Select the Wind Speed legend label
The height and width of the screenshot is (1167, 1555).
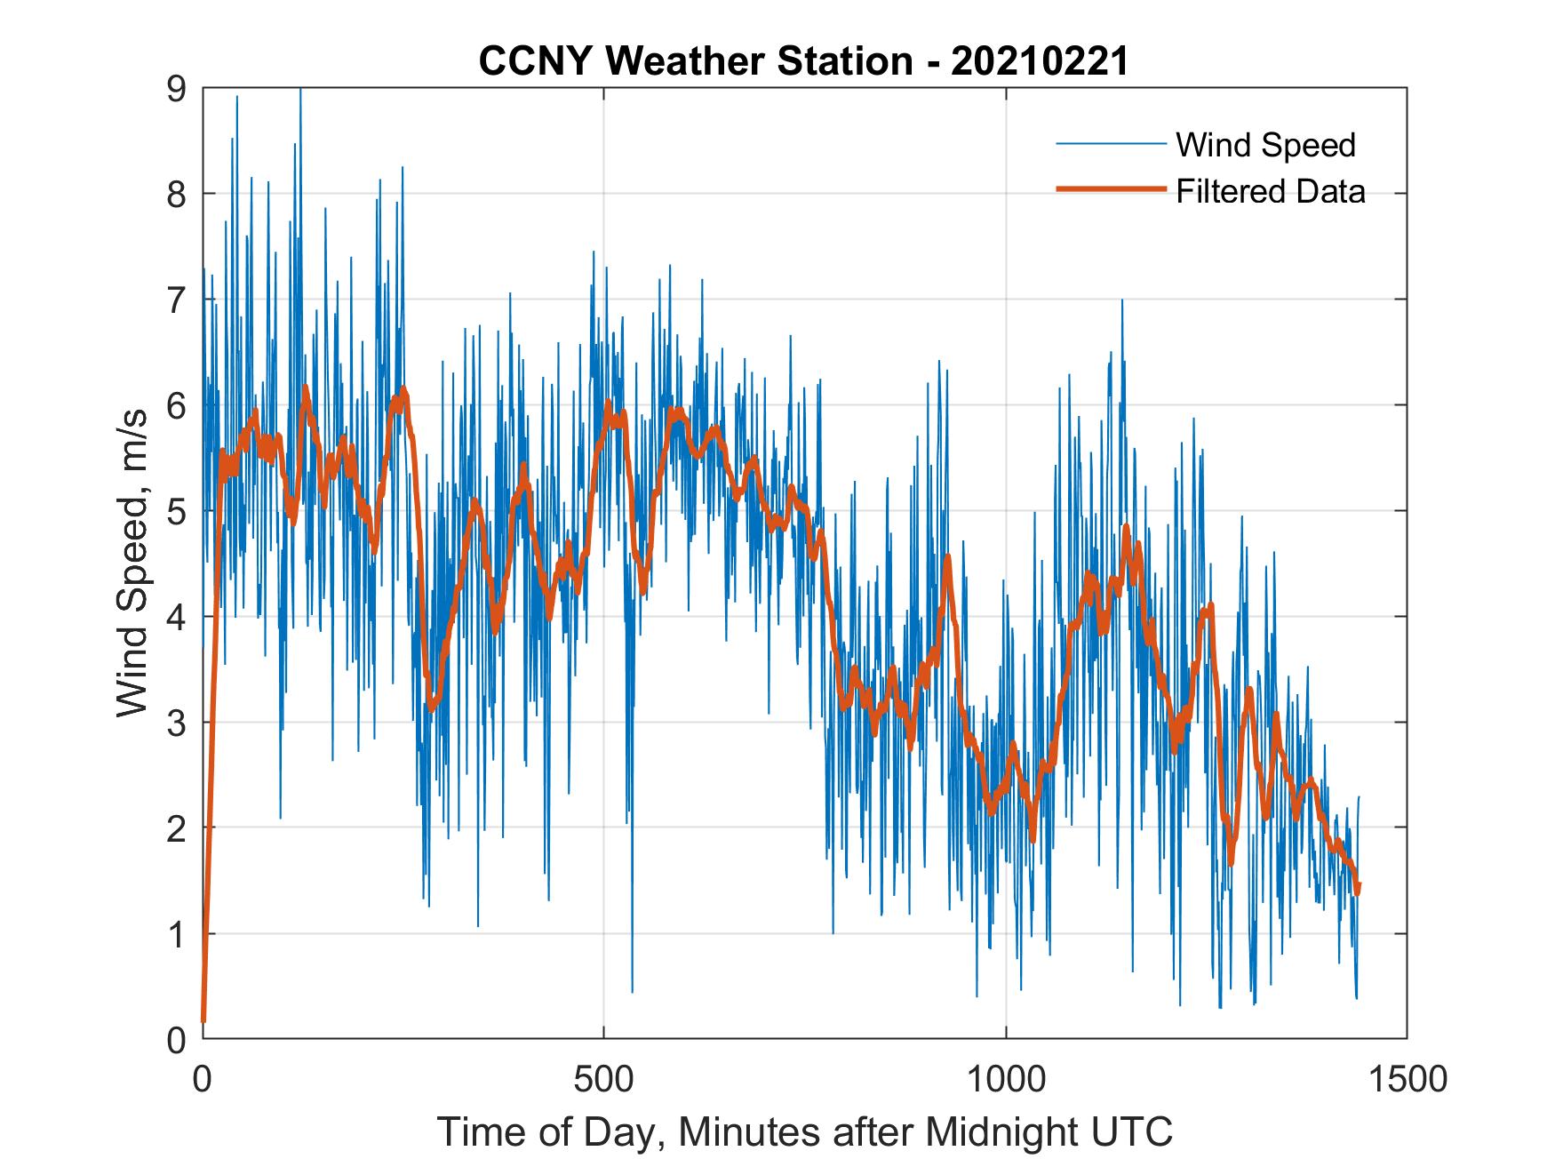pyautogui.click(x=1265, y=145)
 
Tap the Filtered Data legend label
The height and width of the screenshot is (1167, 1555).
pyautogui.click(x=1270, y=191)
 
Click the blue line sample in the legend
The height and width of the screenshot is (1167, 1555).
pyautogui.click(x=1110, y=144)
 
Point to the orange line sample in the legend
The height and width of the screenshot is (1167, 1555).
pyautogui.click(x=1110, y=189)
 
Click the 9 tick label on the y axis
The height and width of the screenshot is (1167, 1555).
pyautogui.click(x=176, y=88)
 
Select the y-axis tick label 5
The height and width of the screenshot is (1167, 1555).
pyautogui.click(x=176, y=511)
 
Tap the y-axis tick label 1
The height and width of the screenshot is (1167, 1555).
pyautogui.click(x=176, y=934)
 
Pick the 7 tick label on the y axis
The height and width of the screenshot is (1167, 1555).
pyautogui.click(x=176, y=300)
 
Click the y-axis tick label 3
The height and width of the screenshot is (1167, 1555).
pyautogui.click(x=176, y=723)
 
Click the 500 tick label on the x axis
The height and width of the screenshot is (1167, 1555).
pyautogui.click(x=603, y=1079)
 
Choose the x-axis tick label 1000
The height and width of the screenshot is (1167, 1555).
pyautogui.click(x=1005, y=1079)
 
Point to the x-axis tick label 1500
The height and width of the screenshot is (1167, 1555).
pyautogui.click(x=1407, y=1079)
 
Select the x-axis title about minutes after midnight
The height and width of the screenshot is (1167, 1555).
pyautogui.click(x=804, y=1131)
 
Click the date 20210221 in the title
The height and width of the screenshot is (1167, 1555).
pyautogui.click(x=1039, y=62)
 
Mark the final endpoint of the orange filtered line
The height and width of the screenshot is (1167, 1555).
pyautogui.click(x=1358, y=887)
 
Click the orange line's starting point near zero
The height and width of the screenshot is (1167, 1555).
pyautogui.click(x=203, y=1020)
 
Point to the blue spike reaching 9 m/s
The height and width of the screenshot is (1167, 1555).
pyautogui.click(x=300, y=92)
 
